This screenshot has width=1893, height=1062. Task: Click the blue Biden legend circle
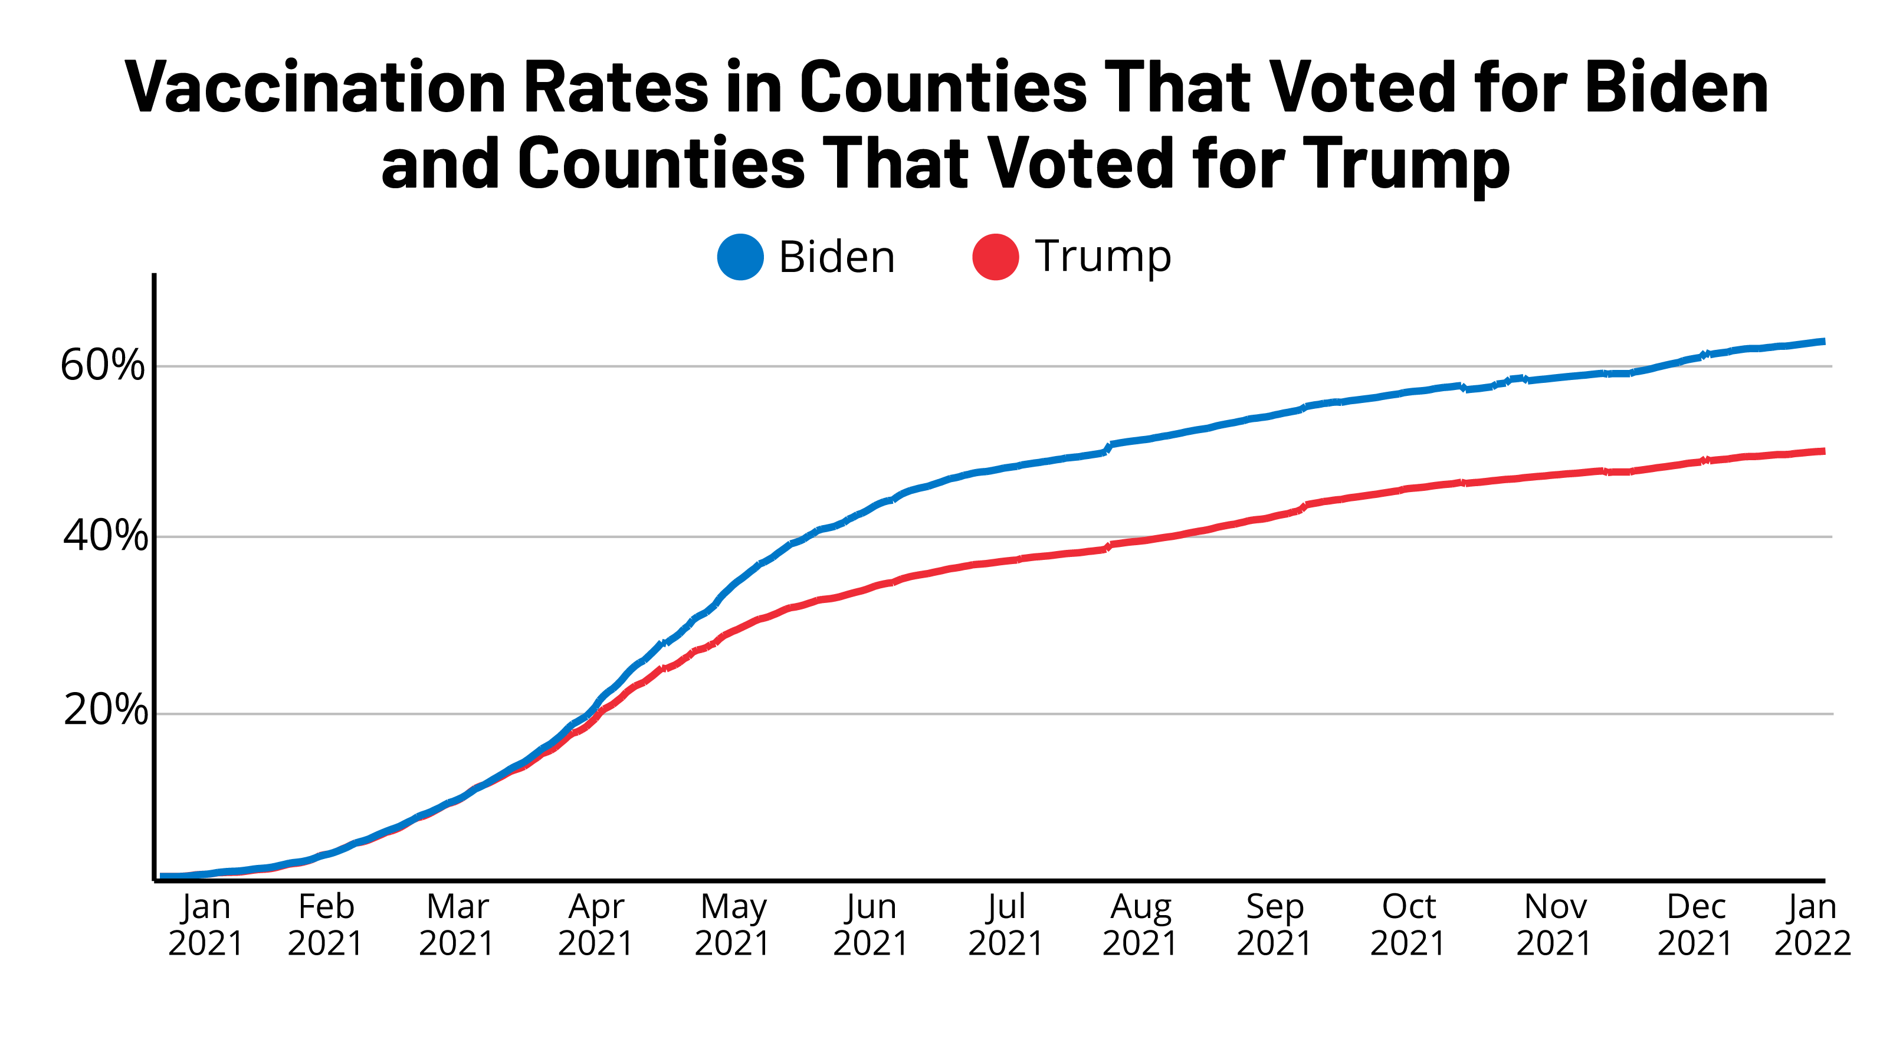coord(740,257)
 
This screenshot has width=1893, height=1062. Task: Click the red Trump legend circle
coord(995,257)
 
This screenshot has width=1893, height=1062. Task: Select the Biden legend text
coord(836,257)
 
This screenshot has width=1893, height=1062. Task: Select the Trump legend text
coord(1103,257)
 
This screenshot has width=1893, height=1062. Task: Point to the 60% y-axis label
coord(103,365)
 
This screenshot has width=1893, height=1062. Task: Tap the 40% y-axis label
coord(105,536)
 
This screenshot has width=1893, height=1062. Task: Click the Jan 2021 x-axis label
coord(206,925)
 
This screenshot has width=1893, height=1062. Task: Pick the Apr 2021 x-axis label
coord(595,925)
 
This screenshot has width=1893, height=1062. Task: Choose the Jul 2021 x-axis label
coord(1005,925)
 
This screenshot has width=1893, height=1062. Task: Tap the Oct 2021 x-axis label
coord(1408,925)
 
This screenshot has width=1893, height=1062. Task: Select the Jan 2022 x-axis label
coord(1812,925)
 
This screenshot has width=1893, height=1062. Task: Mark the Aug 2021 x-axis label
coord(1140,925)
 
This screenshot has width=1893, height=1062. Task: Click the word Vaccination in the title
coord(316,88)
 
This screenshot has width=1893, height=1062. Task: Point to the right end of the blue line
coord(1822,342)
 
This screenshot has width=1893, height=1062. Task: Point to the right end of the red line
coord(1822,451)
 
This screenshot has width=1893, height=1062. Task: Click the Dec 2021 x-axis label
coord(1695,925)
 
